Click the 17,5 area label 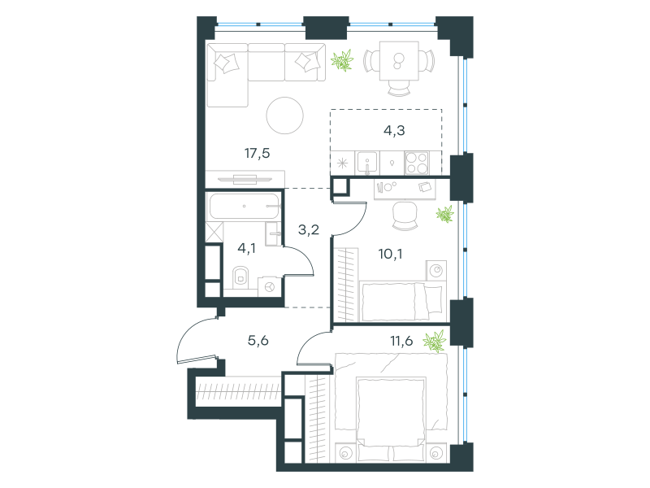point(257,154)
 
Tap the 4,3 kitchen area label point(394,131)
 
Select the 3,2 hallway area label point(309,229)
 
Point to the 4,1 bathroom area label point(246,249)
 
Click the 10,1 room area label point(390,254)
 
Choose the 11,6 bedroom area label point(401,341)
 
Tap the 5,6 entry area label point(258,341)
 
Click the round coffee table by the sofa point(285,115)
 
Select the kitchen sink point(367,163)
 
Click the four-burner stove point(417,163)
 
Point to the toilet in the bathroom point(240,277)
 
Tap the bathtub point(245,207)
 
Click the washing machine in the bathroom point(270,287)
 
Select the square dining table point(399,60)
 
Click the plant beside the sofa point(342,60)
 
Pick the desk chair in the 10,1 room point(405,216)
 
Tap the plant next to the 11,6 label point(435,342)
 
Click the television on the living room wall point(245,179)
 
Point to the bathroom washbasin point(273,233)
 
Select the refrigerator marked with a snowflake point(342,163)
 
